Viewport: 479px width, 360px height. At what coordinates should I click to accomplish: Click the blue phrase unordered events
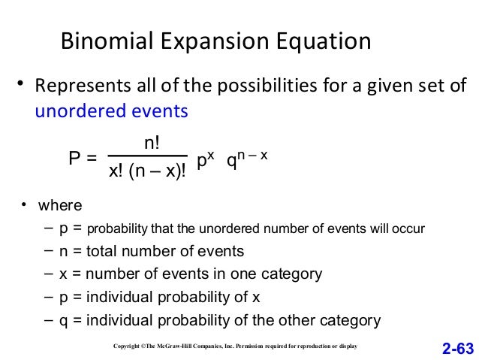(x=112, y=111)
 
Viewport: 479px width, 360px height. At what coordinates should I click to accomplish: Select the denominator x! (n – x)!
(x=147, y=173)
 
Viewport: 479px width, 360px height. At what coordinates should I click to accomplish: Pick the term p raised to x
(x=205, y=159)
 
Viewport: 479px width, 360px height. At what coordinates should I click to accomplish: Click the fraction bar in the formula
(x=147, y=156)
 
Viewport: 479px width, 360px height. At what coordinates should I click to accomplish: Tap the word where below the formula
(x=60, y=205)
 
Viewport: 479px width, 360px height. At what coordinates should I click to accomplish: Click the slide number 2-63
(x=458, y=348)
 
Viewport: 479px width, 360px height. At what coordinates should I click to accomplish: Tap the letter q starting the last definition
(x=63, y=320)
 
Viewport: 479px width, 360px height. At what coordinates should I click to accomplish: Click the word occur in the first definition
(x=409, y=228)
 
